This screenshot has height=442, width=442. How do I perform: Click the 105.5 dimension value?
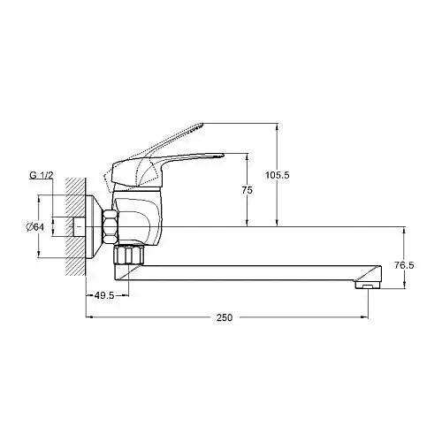[x=278, y=175]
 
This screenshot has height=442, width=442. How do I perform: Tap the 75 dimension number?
[x=248, y=190]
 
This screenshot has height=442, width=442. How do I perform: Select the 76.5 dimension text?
[x=404, y=265]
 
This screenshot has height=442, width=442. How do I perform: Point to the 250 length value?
[x=225, y=317]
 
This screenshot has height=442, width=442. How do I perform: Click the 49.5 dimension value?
[x=104, y=295]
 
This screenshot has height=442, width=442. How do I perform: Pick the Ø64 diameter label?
[x=35, y=227]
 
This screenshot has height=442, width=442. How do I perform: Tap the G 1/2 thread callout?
[x=42, y=175]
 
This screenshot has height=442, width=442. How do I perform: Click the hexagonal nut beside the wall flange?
[x=110, y=226]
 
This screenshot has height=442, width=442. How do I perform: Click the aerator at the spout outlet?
[x=368, y=285]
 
